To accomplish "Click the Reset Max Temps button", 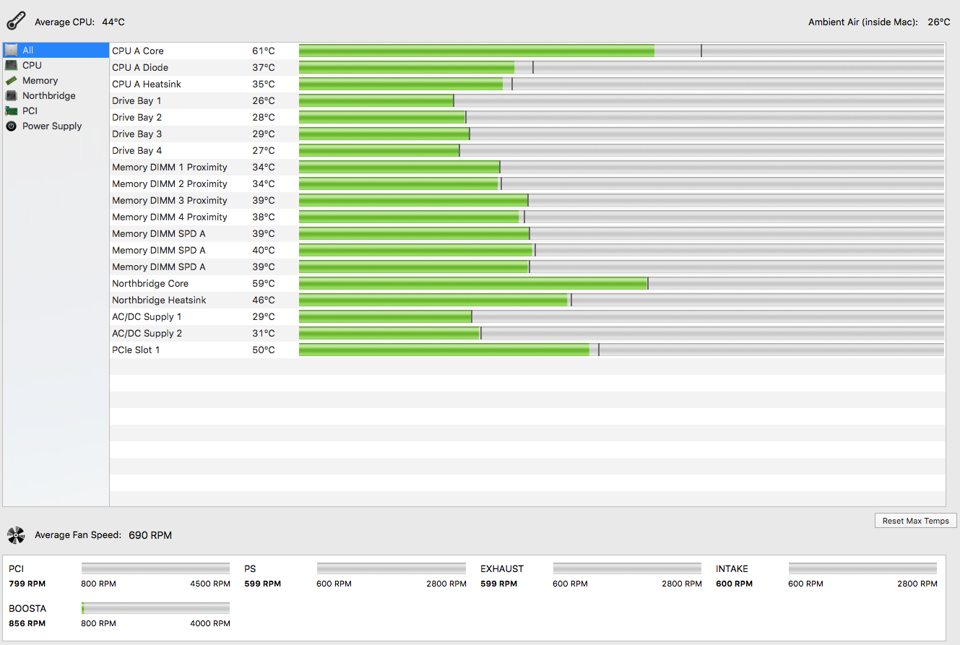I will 915,521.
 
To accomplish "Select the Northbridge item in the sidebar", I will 48,95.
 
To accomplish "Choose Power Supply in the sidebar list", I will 52,126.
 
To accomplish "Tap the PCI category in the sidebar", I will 30,111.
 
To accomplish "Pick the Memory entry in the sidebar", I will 40,80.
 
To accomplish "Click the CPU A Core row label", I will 138,51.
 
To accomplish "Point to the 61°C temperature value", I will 263,51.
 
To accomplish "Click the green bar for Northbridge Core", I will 472,283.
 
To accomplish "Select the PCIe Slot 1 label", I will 136,350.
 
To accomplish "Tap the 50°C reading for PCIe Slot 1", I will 263,350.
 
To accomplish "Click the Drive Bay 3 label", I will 137,134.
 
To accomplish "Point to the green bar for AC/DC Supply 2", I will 389,333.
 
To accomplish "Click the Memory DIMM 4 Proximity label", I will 170,217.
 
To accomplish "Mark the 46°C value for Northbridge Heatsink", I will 263,300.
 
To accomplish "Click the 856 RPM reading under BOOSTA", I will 27,623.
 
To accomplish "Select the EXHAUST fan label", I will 502,568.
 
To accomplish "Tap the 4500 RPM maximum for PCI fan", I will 210,584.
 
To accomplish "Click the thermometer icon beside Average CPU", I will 17,22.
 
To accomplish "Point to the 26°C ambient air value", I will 939,22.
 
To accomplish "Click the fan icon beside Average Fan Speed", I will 15,535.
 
